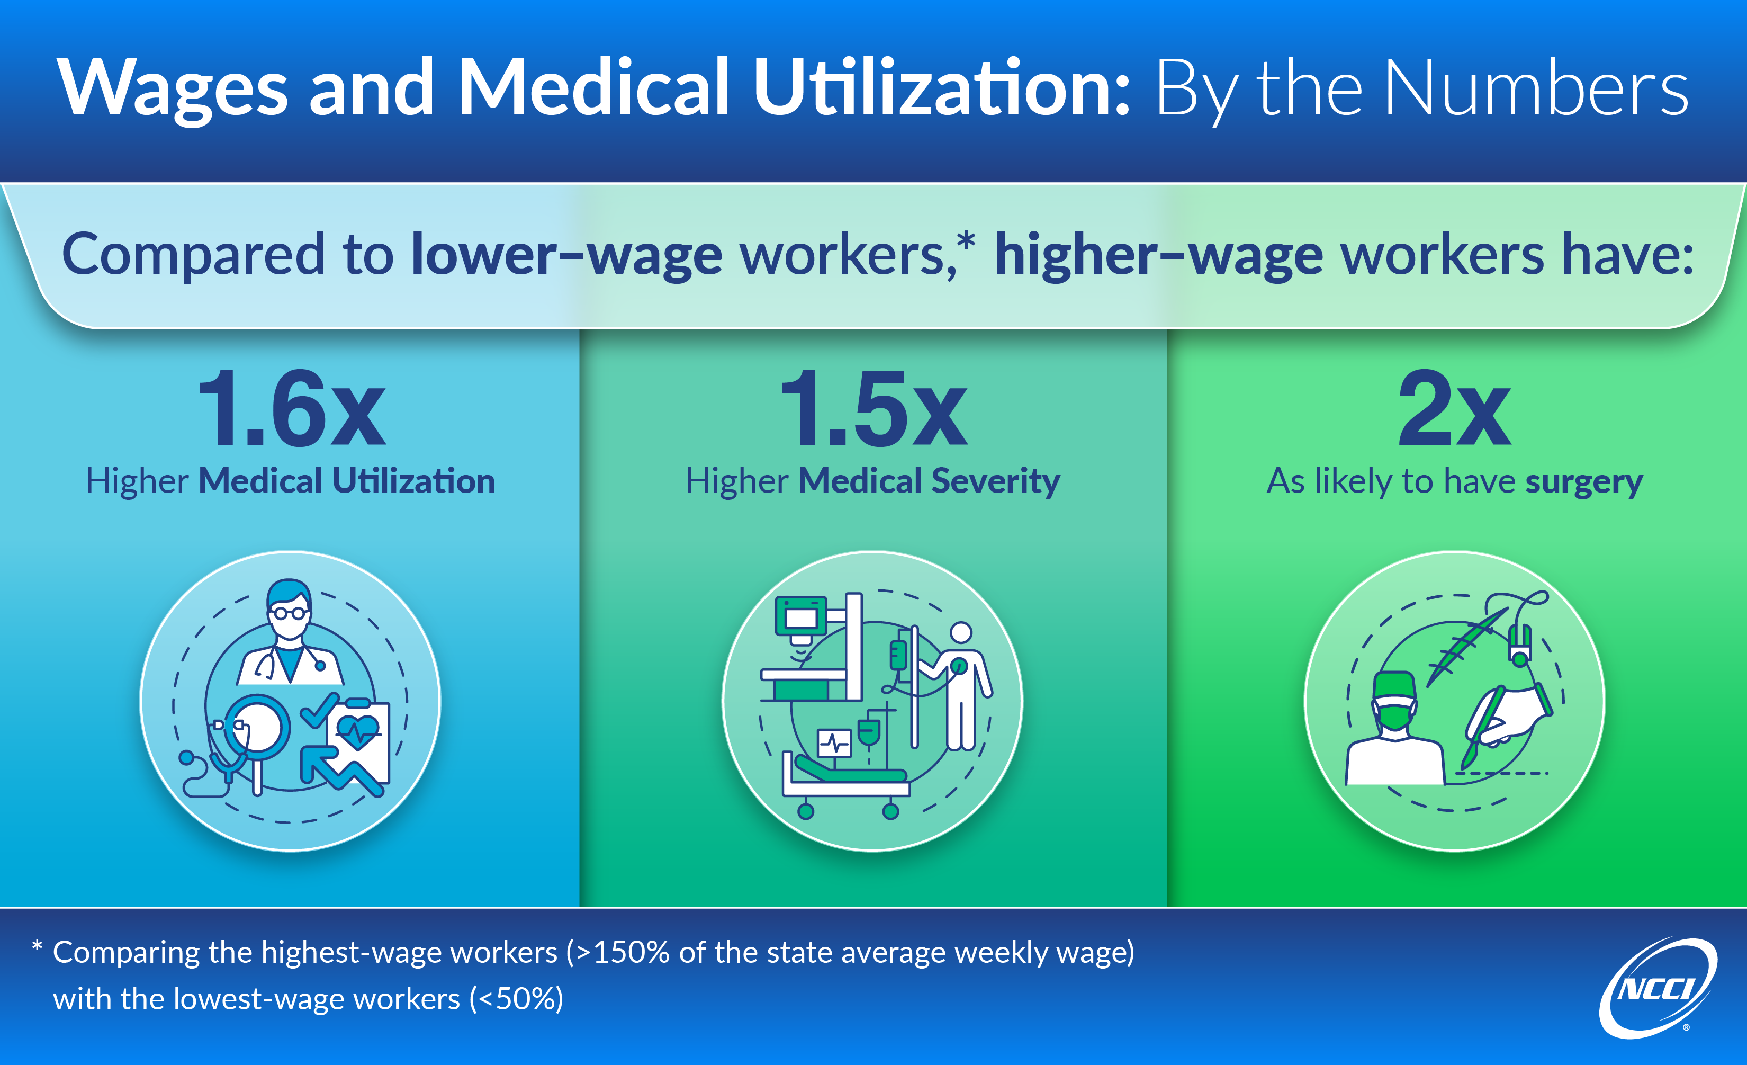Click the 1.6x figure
click(x=291, y=409)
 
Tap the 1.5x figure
click(x=873, y=409)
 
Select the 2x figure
click(x=1454, y=409)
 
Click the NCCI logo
click(x=1658, y=988)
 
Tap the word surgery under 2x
click(x=1584, y=482)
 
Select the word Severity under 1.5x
click(x=996, y=482)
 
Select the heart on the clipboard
click(x=358, y=731)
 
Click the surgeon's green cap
click(x=1394, y=685)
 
